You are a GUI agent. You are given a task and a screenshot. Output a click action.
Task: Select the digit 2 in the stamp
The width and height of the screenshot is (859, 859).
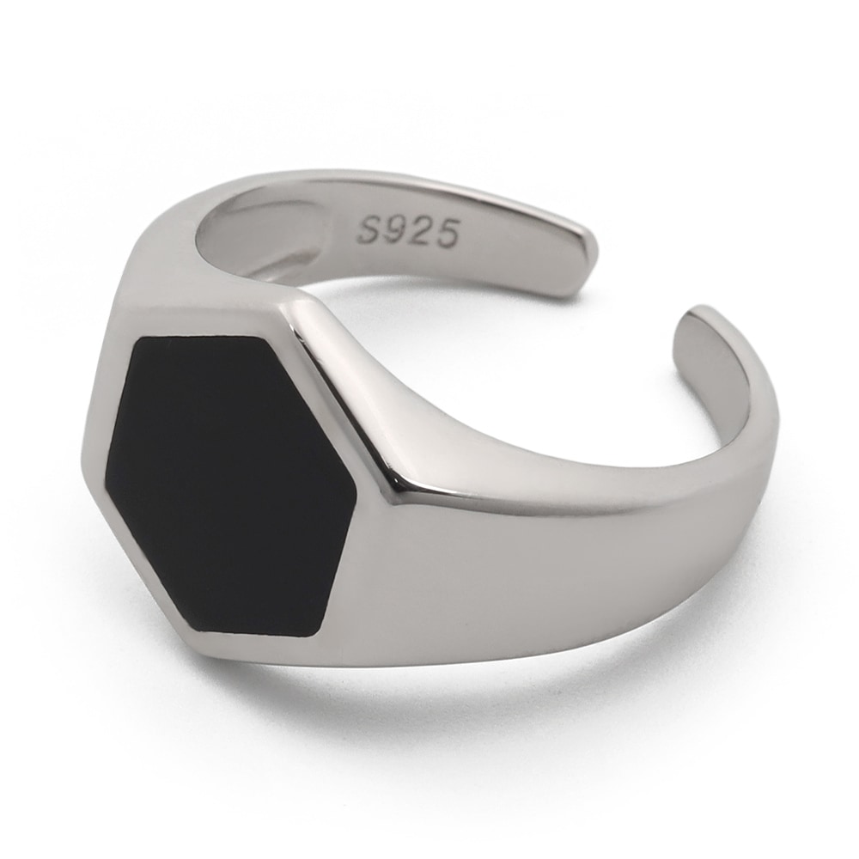tap(421, 230)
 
